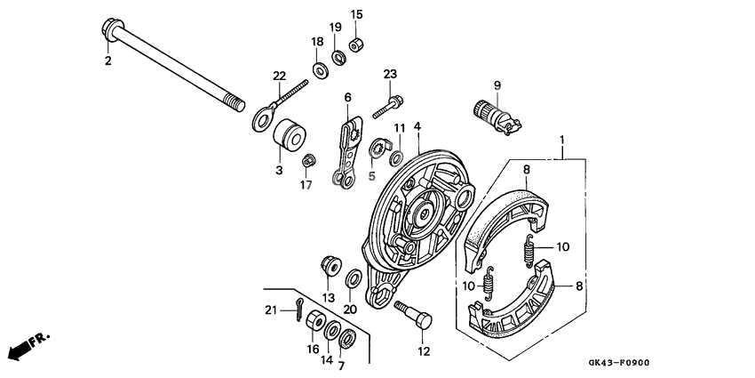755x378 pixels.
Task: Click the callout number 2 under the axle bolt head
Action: coord(107,60)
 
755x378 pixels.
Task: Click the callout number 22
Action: coord(279,75)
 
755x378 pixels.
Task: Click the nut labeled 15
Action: coord(356,44)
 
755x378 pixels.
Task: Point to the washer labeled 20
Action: coord(352,279)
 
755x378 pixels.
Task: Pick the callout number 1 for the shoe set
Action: coord(562,141)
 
